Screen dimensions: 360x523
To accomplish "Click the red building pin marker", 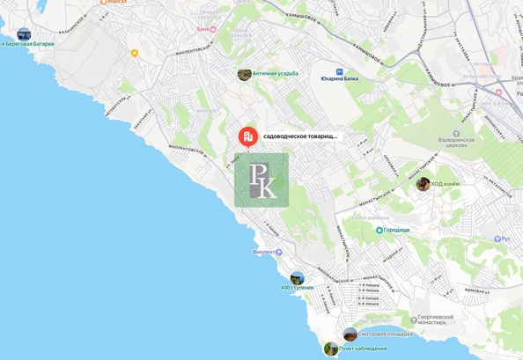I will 248,136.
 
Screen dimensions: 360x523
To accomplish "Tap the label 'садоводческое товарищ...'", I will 300,137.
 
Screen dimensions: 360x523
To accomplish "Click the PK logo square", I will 261,180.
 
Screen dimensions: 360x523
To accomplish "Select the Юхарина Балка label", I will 339,78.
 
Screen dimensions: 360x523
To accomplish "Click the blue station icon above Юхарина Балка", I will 339,68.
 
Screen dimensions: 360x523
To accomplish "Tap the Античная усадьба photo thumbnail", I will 244,74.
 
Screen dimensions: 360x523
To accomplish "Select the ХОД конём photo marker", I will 423,183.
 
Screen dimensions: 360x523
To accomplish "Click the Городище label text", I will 398,230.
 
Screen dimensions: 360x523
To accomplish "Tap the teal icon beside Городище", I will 379,230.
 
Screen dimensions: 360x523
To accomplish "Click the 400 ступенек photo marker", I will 298,277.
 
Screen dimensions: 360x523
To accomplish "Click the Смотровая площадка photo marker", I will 350,334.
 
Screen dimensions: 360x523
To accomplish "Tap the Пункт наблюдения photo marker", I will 331,349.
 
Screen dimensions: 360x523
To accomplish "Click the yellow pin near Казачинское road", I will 135,53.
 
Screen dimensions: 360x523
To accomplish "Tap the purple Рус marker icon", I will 495,239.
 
